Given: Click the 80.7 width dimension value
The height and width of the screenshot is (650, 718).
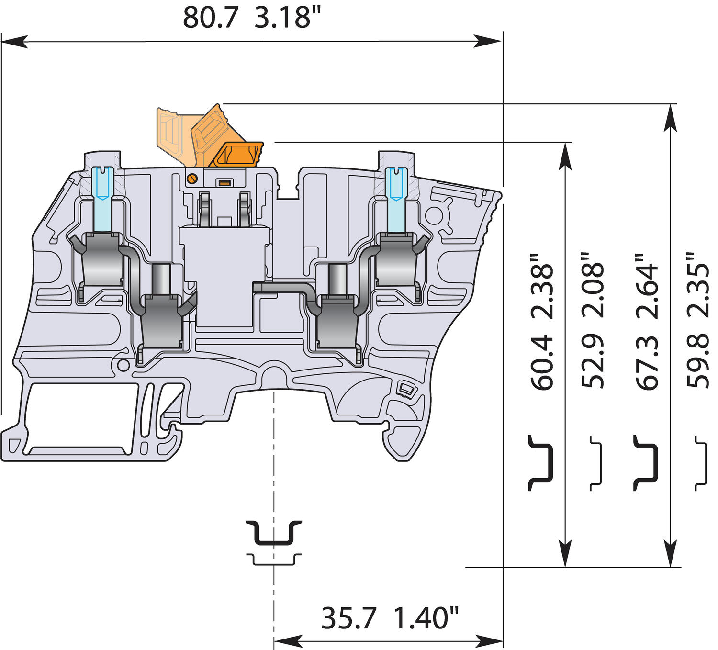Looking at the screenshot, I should click(x=210, y=18).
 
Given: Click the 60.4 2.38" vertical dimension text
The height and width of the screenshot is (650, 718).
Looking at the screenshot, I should click(x=541, y=321).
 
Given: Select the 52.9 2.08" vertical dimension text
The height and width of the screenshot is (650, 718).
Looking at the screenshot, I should click(x=593, y=321).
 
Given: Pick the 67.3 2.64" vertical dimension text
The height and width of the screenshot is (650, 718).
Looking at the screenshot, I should click(x=647, y=321).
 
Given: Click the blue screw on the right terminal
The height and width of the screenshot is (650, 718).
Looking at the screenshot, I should click(x=397, y=184).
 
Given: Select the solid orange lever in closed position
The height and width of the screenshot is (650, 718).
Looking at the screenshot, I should click(x=238, y=154).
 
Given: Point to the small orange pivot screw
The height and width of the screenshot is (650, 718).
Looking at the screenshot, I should click(x=191, y=179).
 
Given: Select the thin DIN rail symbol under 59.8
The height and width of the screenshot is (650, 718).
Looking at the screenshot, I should click(x=701, y=463).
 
